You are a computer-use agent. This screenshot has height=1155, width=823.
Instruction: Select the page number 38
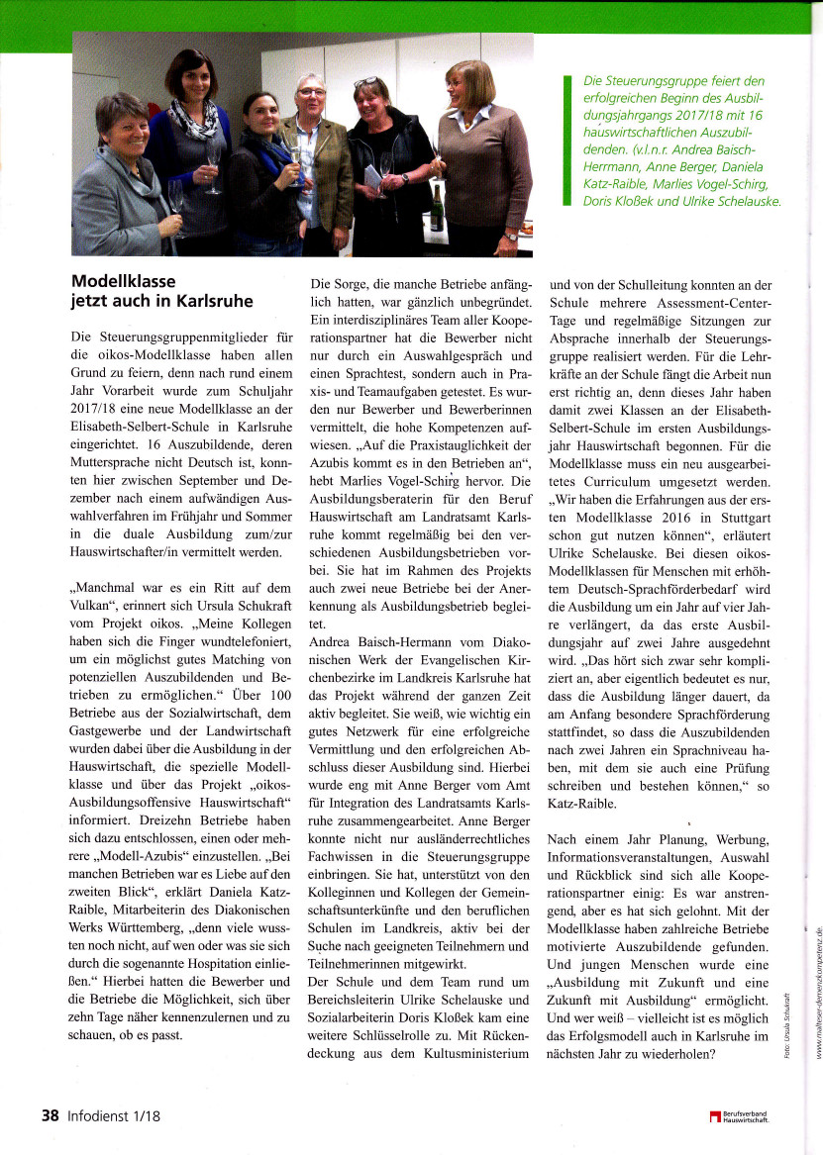(x=51, y=1115)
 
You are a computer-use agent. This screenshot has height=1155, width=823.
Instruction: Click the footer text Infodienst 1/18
(x=115, y=1115)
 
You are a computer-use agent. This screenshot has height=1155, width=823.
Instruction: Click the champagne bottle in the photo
(x=436, y=208)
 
